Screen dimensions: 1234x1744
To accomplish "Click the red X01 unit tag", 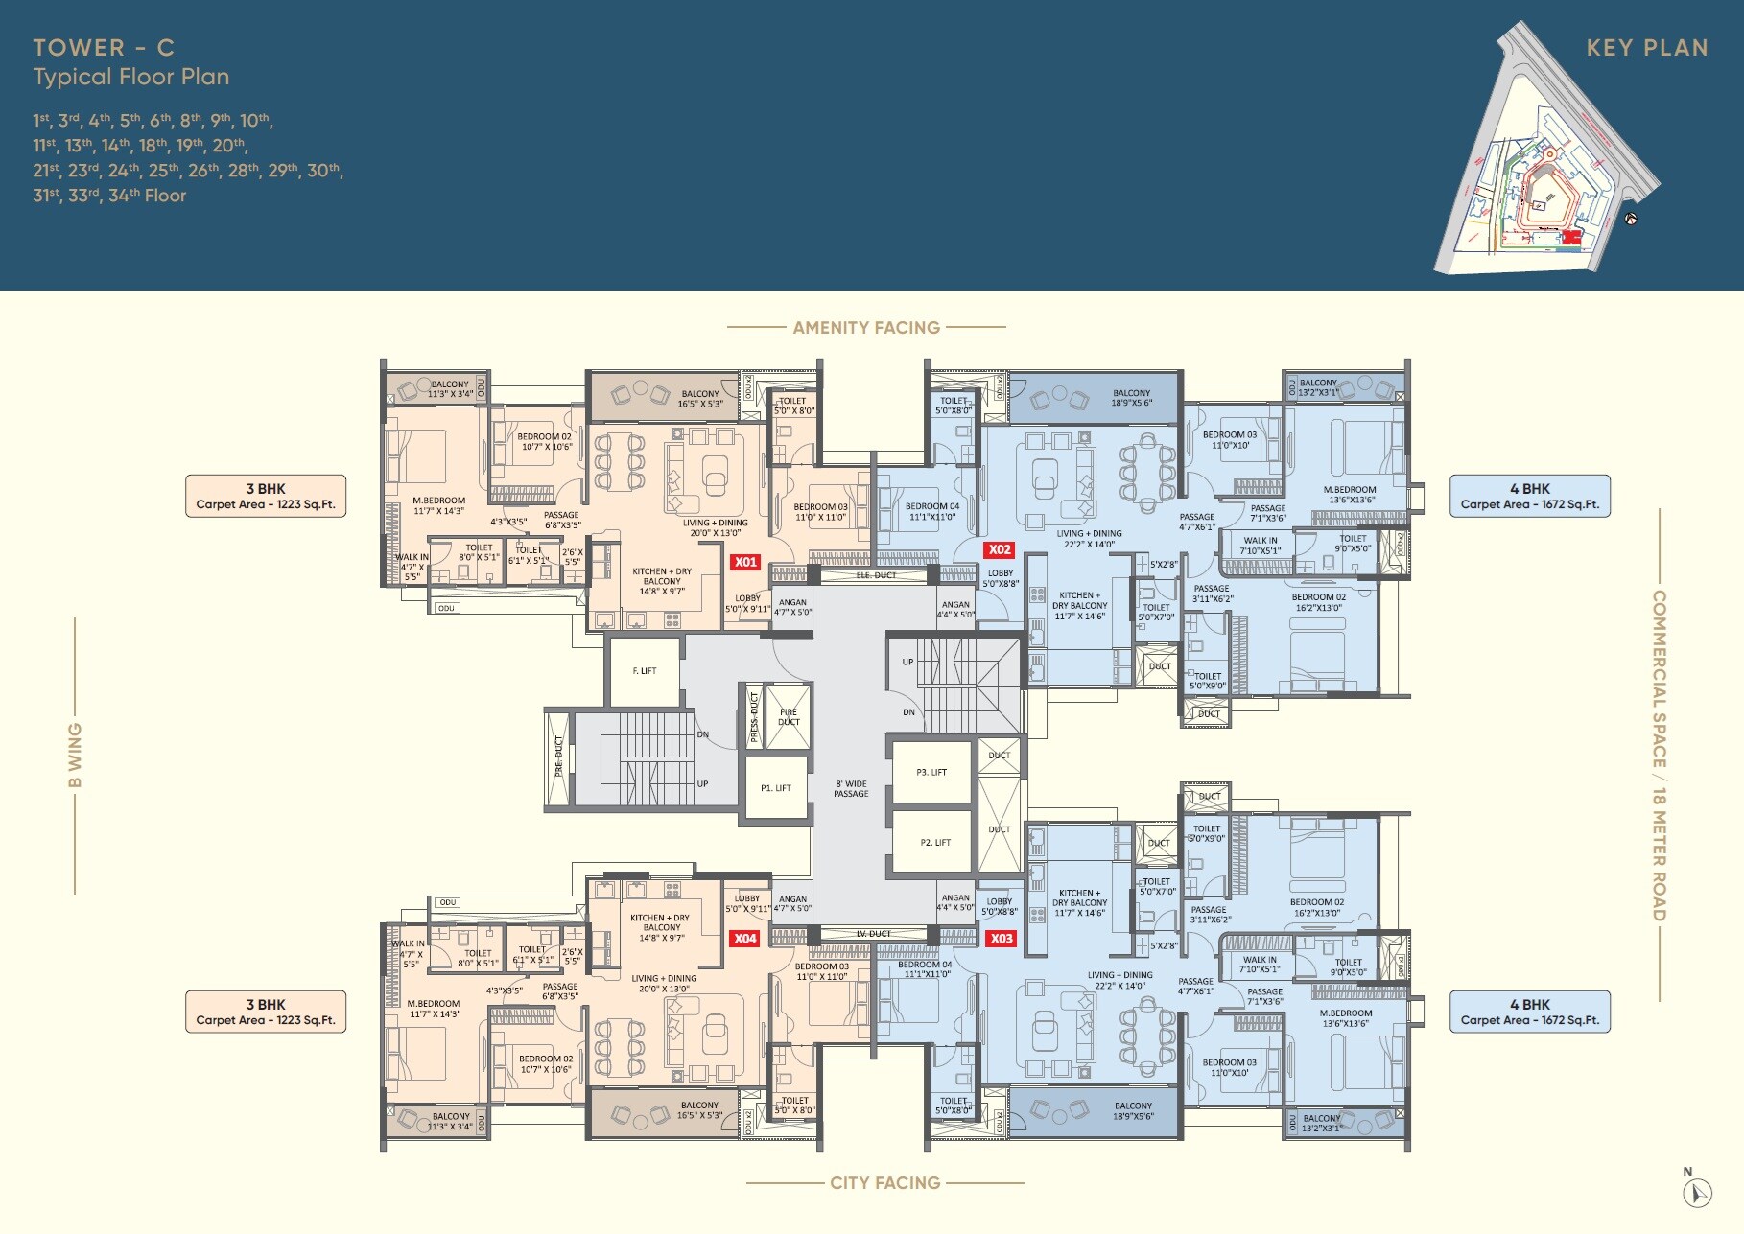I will tap(745, 563).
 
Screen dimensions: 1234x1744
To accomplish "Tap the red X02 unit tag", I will tap(1000, 550).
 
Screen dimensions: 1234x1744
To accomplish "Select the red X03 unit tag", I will tap(1002, 939).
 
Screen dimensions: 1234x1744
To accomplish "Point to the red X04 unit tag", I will tap(745, 939).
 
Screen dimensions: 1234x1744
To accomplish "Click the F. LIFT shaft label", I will tap(645, 671).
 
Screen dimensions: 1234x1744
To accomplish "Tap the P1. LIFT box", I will tap(776, 788).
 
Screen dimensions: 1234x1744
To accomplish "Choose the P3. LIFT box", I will tap(931, 772).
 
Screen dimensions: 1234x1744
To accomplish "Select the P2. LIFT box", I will tap(935, 843).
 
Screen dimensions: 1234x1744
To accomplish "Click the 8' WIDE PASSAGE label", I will tap(851, 789).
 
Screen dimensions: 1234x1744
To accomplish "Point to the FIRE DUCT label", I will tap(789, 717).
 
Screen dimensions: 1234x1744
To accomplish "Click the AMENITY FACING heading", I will tap(866, 328).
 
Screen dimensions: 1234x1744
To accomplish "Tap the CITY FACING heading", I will tap(884, 1183).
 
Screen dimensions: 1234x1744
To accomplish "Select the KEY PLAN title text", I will tap(1647, 48).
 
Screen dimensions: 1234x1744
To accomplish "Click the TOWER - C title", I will tap(104, 48).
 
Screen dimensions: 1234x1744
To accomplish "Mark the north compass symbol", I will tap(1697, 1192).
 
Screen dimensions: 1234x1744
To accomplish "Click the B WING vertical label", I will tap(75, 756).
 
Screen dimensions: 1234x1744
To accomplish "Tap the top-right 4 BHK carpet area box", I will tap(1529, 496).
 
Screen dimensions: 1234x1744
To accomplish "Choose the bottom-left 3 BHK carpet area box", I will tap(266, 1012).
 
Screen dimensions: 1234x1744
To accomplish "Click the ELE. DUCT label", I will tap(875, 576).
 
